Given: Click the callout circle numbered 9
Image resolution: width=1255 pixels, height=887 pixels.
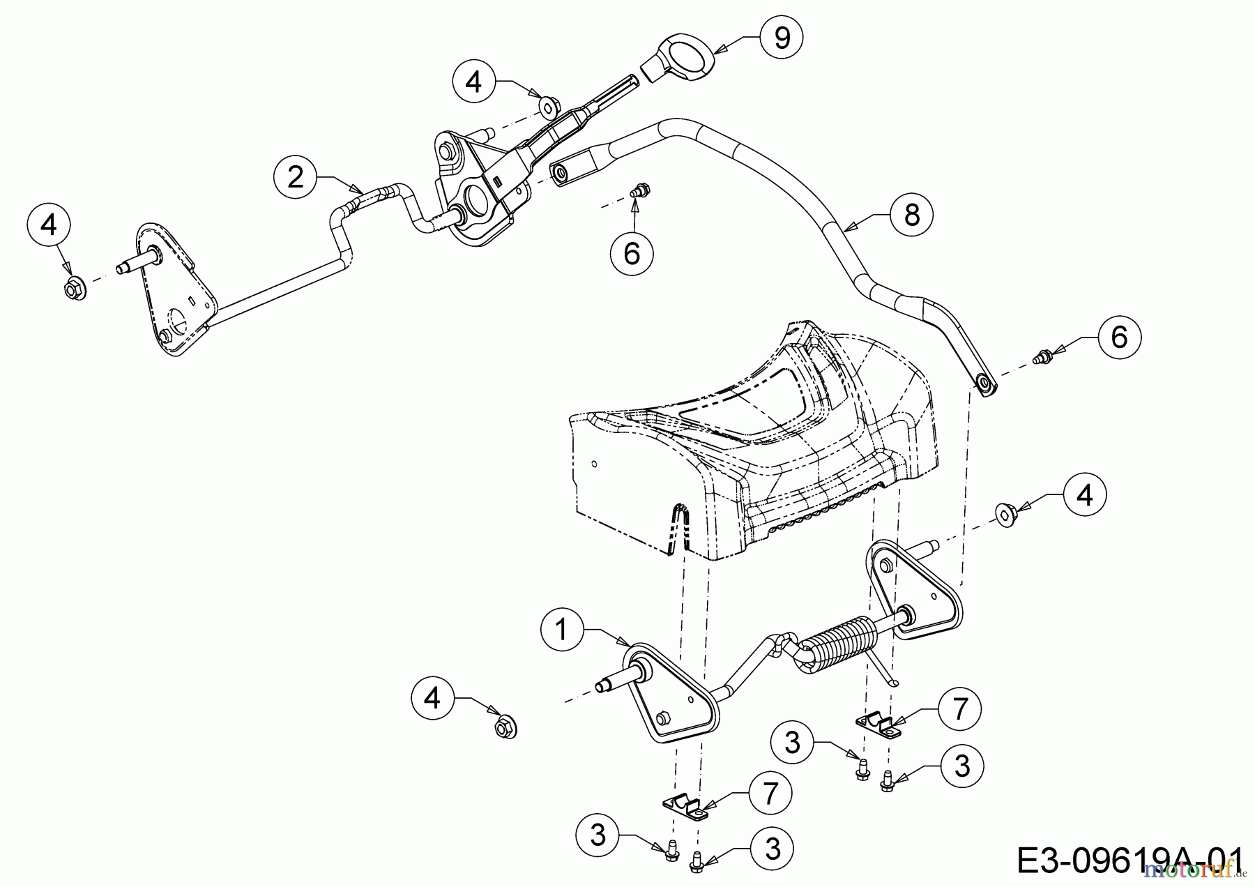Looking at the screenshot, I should (782, 38).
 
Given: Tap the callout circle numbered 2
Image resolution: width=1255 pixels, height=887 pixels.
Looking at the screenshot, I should (295, 177).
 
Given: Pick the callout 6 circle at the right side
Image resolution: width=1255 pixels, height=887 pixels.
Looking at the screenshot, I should (1119, 338).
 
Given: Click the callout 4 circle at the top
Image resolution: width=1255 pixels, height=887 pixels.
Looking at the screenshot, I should (473, 82).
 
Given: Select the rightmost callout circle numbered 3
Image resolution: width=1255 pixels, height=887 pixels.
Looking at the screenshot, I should (962, 766).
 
